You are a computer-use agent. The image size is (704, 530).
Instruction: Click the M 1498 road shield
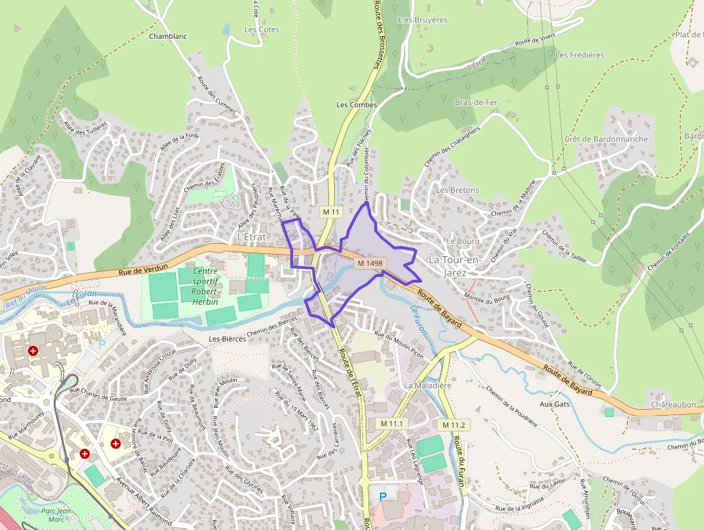[x=370, y=263]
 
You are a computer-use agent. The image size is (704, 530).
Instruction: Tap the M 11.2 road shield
[x=454, y=425]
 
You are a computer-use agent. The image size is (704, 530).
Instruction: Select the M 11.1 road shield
[x=394, y=424]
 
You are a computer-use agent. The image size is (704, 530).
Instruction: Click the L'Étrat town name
[x=251, y=237]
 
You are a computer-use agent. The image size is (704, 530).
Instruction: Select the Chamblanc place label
[x=167, y=35]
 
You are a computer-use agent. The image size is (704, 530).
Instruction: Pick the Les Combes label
[x=357, y=105]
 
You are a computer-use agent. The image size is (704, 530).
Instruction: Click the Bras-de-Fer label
[x=476, y=102]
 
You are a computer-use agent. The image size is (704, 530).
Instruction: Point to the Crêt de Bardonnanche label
[x=606, y=139]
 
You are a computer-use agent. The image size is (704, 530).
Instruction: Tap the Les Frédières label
[x=580, y=55]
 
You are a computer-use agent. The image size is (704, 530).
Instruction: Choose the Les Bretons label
[x=458, y=190]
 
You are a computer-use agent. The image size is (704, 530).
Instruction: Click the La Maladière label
[x=427, y=385]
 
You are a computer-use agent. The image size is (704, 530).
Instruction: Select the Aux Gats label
[x=554, y=404]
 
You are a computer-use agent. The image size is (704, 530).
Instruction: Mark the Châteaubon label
[x=673, y=404]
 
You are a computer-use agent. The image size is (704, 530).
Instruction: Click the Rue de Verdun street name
[x=140, y=270]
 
